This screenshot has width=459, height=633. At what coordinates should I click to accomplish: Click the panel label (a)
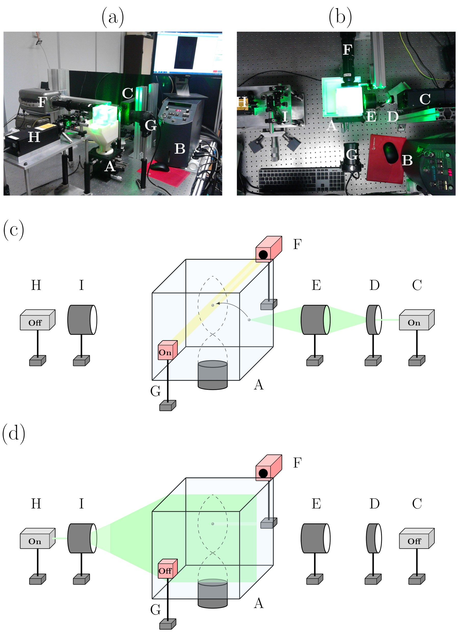coord(113,17)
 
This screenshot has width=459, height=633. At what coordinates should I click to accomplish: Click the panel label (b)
coord(340,17)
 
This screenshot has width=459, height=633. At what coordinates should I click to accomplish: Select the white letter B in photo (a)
coord(180,149)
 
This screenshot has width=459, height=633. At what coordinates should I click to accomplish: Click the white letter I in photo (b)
coord(285,116)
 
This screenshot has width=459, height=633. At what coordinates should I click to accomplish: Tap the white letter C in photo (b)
coord(425,99)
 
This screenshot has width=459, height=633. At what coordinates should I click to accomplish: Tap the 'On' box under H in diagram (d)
coord(35,542)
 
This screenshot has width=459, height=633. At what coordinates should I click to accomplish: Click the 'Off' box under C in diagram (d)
coord(414,542)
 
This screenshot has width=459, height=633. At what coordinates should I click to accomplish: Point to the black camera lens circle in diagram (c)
coord(263,254)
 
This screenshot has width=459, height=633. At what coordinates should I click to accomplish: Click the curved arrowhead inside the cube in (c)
coord(217,303)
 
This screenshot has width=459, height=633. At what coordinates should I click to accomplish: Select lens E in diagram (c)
coord(315,320)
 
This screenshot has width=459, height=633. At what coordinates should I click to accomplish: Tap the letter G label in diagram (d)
coord(155,610)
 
